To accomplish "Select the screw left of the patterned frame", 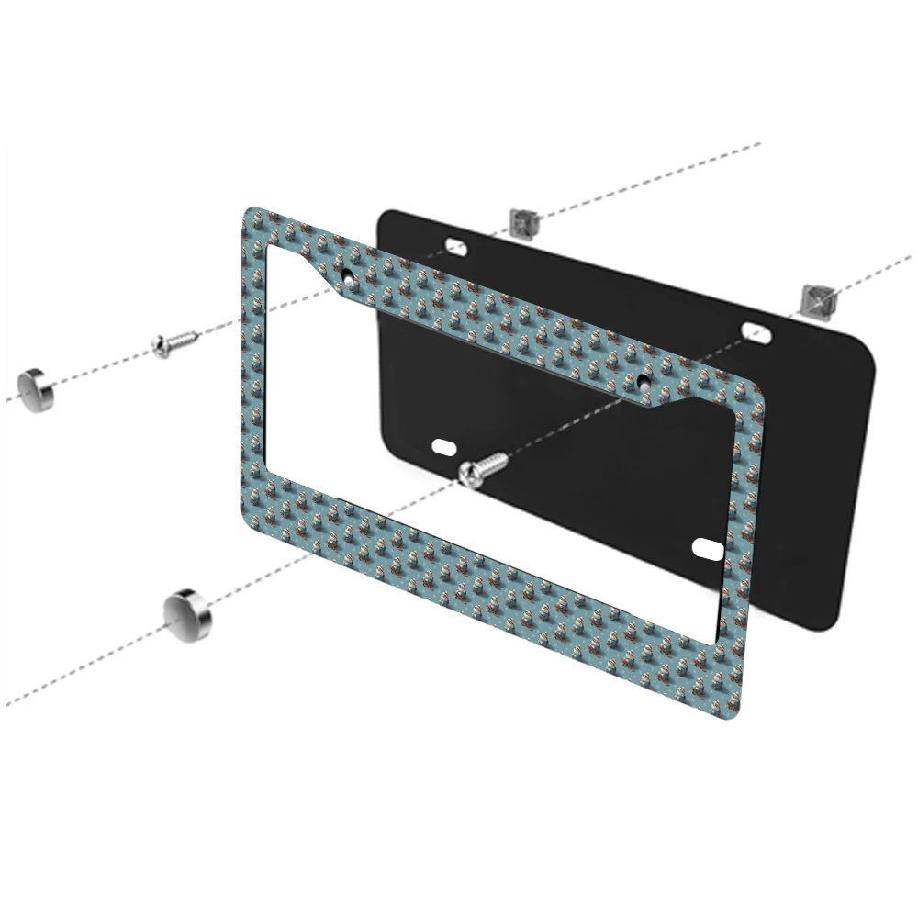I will click(174, 343).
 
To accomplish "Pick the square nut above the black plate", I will click(522, 221).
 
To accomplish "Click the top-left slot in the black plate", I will click(455, 244).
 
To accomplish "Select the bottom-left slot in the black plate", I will click(443, 447).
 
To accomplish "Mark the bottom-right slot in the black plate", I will click(708, 548).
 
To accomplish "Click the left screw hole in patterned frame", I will click(348, 274).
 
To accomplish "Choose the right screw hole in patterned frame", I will click(644, 377).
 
